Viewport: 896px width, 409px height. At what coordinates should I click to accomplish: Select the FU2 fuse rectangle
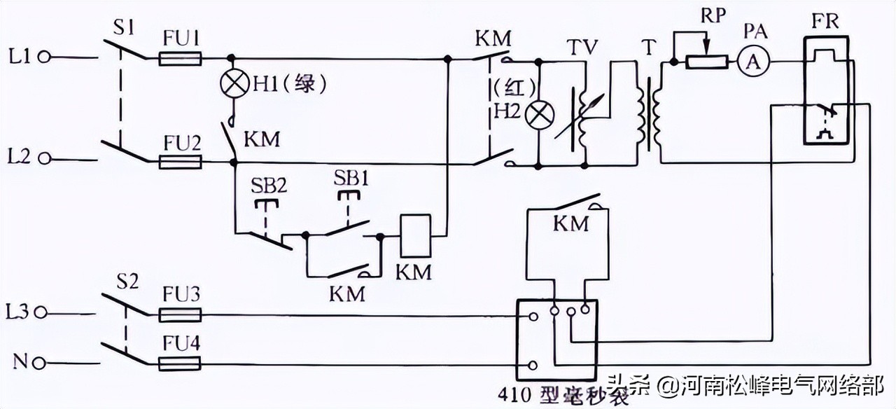[x=181, y=162]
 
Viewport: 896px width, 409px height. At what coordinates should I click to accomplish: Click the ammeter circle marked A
[x=752, y=62]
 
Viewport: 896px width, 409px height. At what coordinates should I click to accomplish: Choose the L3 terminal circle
[x=45, y=311]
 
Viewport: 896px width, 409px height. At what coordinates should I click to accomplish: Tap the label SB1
[x=348, y=179]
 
